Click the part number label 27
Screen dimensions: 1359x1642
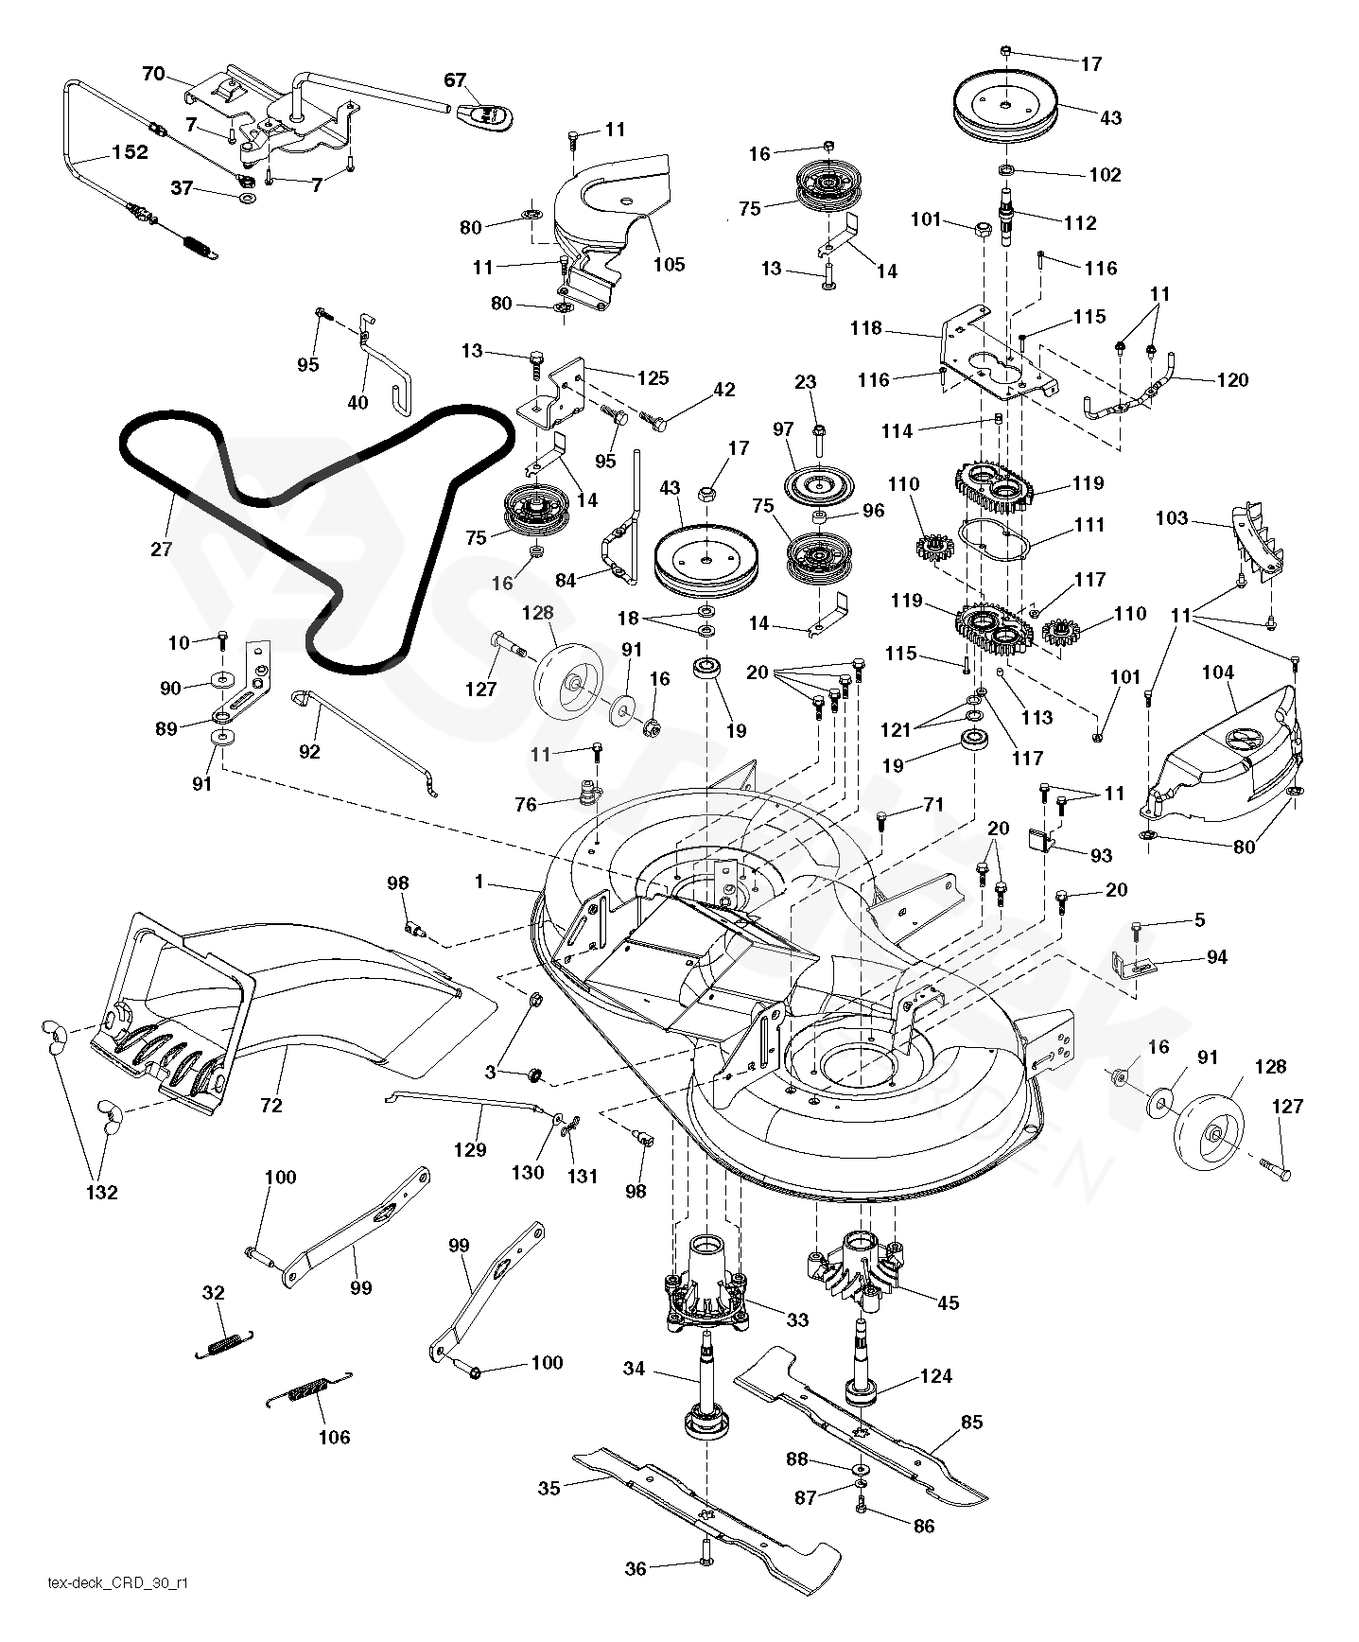pyautogui.click(x=162, y=548)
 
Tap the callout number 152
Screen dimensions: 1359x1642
pyautogui.click(x=131, y=151)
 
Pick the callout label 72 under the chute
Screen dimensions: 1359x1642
pyautogui.click(x=271, y=1105)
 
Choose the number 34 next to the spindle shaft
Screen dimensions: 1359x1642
pyautogui.click(x=635, y=1368)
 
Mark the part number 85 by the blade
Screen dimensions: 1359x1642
pyautogui.click(x=971, y=1422)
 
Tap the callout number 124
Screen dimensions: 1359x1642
pyautogui.click(x=936, y=1376)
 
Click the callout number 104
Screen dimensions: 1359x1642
pyautogui.click(x=1218, y=673)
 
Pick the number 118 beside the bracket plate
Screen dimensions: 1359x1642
pyautogui.click(x=865, y=328)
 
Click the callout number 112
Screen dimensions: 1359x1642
pyautogui.click(x=1080, y=223)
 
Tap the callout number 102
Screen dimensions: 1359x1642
pyautogui.click(x=1105, y=175)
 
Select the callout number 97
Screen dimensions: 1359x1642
pyautogui.click(x=783, y=429)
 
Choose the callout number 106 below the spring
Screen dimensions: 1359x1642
pyautogui.click(x=334, y=1438)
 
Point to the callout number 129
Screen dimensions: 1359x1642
pyautogui.click(x=470, y=1149)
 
